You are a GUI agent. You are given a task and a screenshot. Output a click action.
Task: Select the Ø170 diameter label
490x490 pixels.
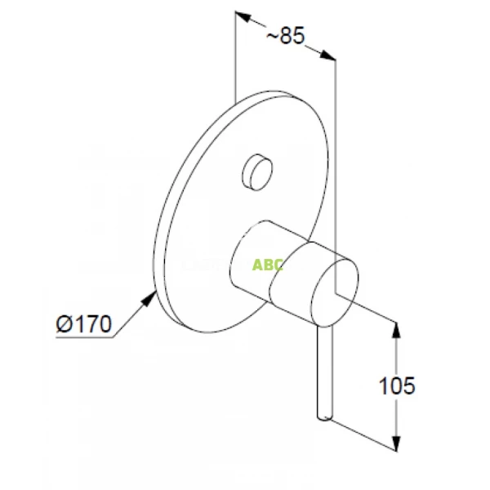(x=84, y=324)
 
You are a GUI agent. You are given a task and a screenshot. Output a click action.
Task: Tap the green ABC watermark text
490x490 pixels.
(x=267, y=265)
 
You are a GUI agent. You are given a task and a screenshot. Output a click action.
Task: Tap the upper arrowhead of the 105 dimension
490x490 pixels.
(x=397, y=327)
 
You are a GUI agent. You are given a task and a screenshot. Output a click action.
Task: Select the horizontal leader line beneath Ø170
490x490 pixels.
(x=82, y=336)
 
